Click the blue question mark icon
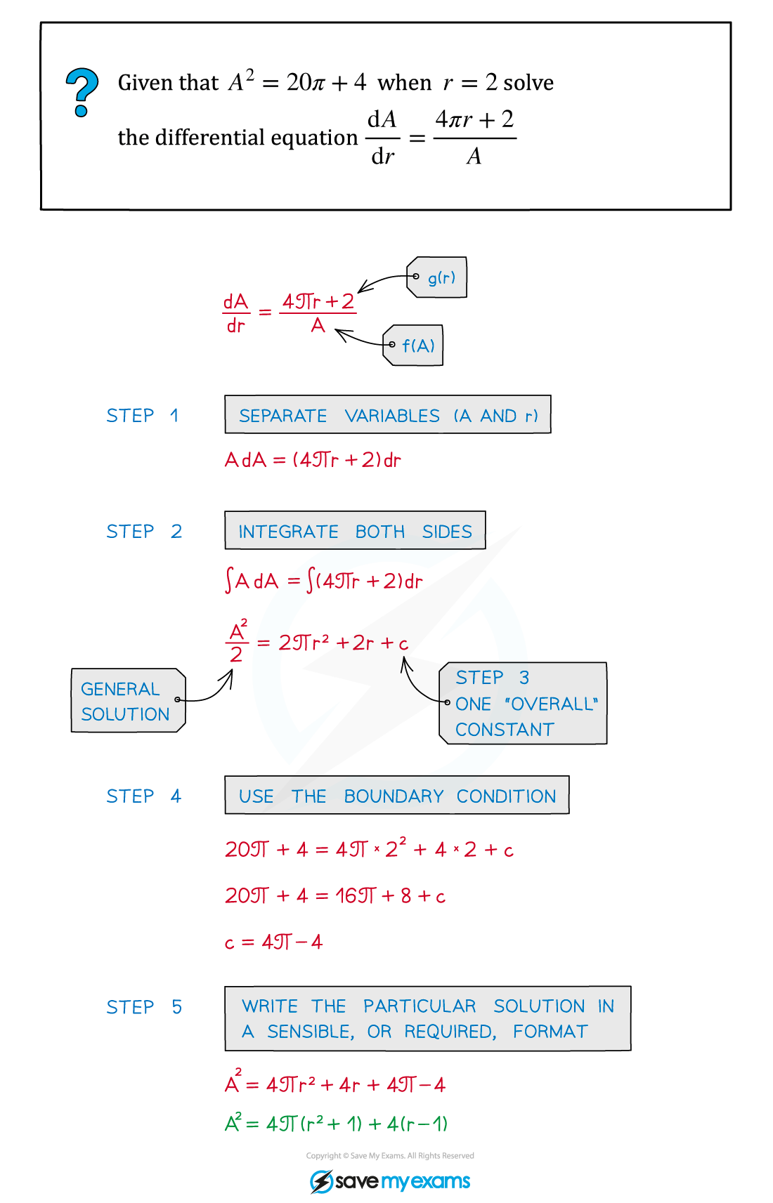(x=82, y=93)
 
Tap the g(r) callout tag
(x=436, y=277)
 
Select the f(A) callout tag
(x=413, y=346)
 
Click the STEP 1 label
(x=142, y=416)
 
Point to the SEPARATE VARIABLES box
(x=388, y=414)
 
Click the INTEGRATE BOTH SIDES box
(x=355, y=531)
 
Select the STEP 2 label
(x=144, y=532)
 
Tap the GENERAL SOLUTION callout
(x=129, y=700)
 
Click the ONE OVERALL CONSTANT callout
(x=523, y=703)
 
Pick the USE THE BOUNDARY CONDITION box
(x=397, y=795)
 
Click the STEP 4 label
(x=143, y=796)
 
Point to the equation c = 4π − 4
(x=273, y=942)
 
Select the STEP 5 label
(x=144, y=1007)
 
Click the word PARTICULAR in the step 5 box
(x=420, y=1006)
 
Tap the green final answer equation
(x=337, y=1124)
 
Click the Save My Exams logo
(x=390, y=1181)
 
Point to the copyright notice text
(x=390, y=1156)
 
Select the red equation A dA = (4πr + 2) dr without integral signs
(x=313, y=460)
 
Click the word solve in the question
(x=528, y=83)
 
